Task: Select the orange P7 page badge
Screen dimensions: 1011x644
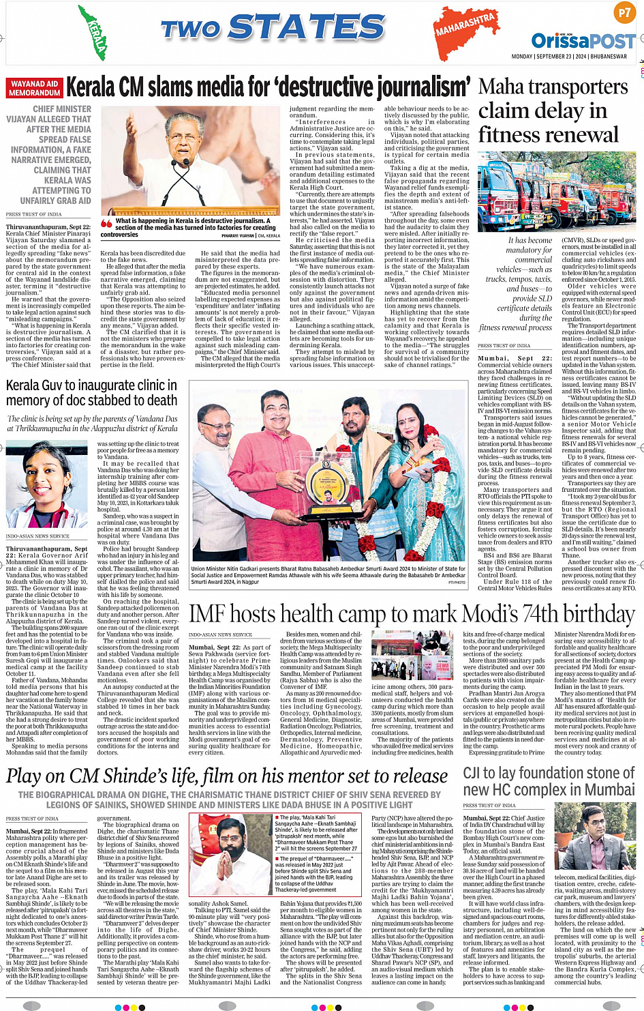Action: (624, 12)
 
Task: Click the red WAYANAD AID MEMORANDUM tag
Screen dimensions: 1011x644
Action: (35, 88)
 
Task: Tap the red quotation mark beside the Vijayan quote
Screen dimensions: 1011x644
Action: (106, 223)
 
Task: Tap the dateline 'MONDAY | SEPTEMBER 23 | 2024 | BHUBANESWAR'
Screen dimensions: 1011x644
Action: (569, 57)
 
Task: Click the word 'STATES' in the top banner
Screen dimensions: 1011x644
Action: (306, 28)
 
